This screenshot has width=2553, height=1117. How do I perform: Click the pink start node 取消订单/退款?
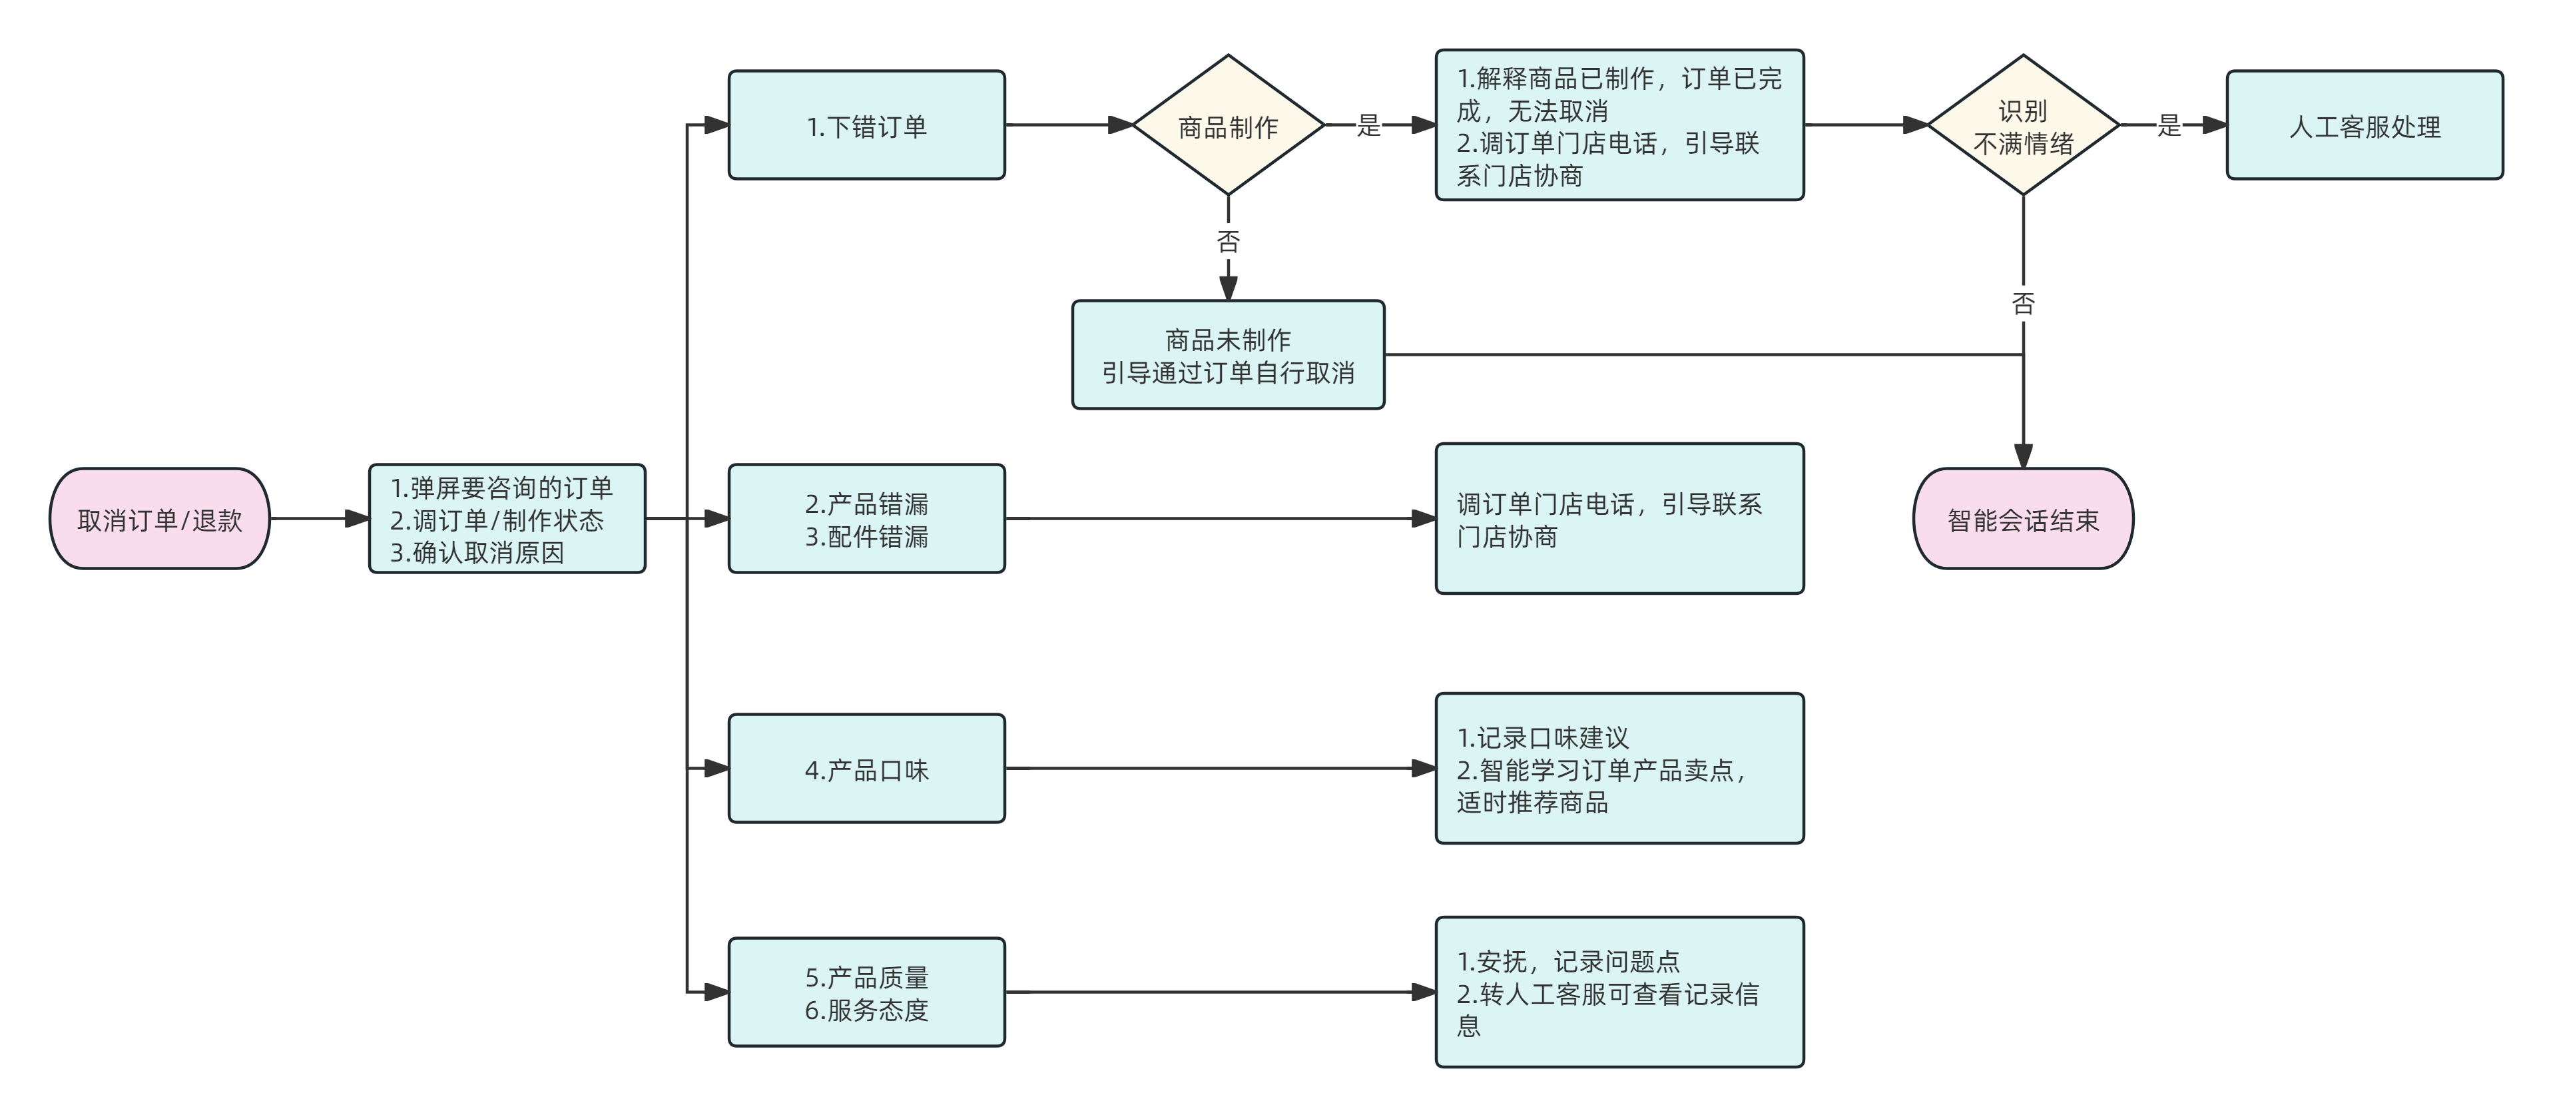tap(160, 518)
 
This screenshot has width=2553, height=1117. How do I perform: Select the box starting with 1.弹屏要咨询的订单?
tap(507, 518)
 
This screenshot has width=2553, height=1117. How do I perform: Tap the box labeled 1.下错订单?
tap(866, 125)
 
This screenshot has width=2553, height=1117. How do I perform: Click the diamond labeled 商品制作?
tap(1228, 125)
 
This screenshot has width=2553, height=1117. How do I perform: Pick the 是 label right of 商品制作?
tap(1368, 125)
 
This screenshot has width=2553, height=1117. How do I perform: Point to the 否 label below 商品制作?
tap(1228, 241)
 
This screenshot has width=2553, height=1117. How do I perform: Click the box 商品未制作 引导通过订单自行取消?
tap(1228, 355)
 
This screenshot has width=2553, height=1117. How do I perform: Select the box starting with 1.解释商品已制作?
tap(1619, 125)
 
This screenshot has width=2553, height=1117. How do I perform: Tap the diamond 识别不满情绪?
tap(2023, 125)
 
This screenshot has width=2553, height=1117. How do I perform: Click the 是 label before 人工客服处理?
tap(2169, 125)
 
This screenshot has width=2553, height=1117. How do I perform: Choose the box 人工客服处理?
tap(2365, 125)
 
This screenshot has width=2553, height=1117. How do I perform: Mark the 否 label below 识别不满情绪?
tap(2023, 303)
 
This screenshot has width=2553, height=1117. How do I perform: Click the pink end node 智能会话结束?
tap(2023, 518)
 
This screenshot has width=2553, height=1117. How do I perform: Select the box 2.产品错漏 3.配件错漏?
tap(866, 518)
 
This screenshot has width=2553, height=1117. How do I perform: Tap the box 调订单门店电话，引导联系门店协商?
tap(1619, 518)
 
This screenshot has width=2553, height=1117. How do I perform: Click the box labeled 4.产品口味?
tap(866, 768)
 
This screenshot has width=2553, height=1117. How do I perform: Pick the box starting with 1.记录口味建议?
tap(1619, 768)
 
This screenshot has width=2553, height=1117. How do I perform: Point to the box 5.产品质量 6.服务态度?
tap(866, 992)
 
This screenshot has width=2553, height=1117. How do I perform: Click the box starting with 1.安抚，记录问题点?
tap(1619, 992)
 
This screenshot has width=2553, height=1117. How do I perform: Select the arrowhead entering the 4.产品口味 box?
tap(718, 768)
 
